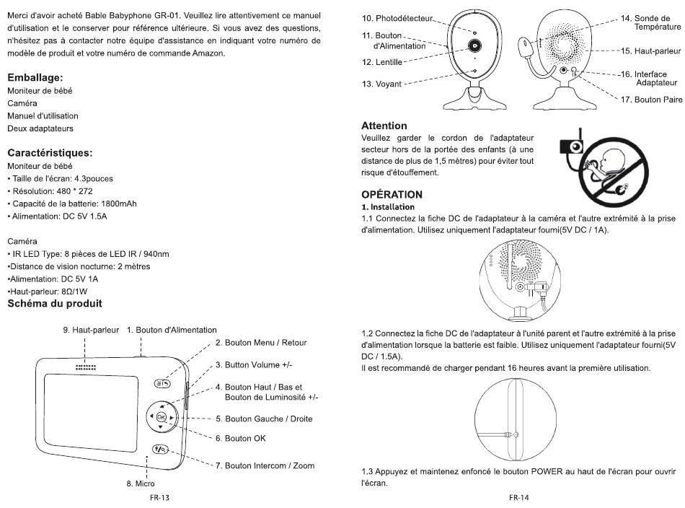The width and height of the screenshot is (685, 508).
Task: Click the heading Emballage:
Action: [x=35, y=78]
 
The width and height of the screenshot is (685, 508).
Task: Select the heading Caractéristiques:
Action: [x=50, y=153]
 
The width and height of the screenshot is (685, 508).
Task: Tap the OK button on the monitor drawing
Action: [x=161, y=416]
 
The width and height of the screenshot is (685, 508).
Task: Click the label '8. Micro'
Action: [x=141, y=483]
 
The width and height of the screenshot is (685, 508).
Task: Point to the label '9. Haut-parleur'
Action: [x=91, y=330]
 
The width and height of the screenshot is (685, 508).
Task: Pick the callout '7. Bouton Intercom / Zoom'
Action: [x=265, y=465]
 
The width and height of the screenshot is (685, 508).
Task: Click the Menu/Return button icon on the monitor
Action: [x=162, y=383]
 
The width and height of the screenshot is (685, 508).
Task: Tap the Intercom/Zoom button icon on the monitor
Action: [x=160, y=449]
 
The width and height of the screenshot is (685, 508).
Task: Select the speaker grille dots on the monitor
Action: [x=86, y=367]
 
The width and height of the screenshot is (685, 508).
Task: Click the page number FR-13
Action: [x=159, y=497]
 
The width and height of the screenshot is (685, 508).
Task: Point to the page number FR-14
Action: [x=519, y=497]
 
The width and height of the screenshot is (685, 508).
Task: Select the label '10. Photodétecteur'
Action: [x=397, y=18]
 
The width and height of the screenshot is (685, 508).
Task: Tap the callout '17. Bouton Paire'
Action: [x=651, y=100]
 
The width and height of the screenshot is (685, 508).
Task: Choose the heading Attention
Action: [x=384, y=126]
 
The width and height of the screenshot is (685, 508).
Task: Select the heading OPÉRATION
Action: [x=392, y=195]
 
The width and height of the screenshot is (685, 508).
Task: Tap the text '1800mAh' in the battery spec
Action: [x=119, y=203]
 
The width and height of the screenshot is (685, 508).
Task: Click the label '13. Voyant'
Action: [x=381, y=84]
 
